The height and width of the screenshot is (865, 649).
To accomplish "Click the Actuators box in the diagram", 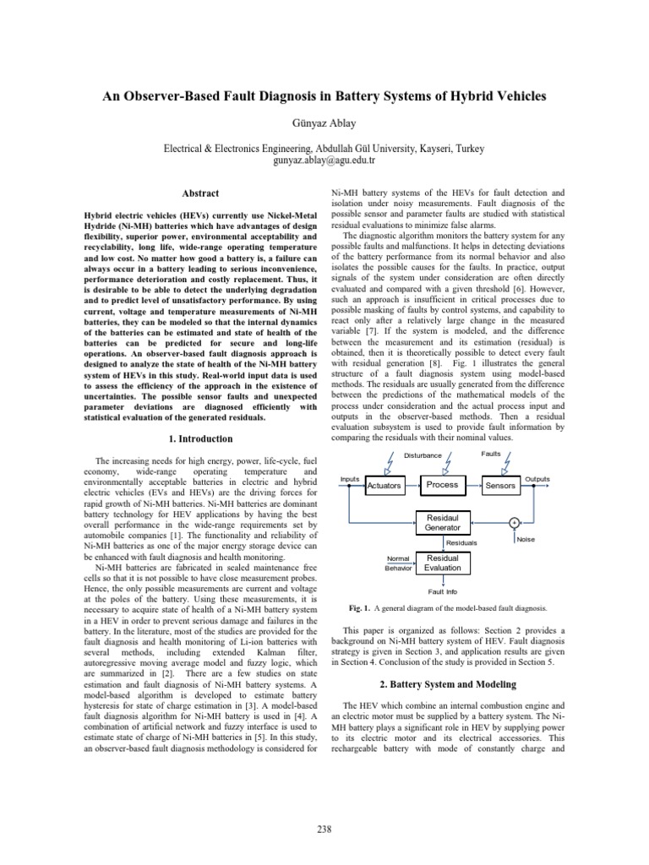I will [x=384, y=486].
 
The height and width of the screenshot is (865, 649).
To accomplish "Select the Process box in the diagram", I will [x=442, y=485].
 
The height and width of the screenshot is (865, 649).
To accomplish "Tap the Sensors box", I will [x=500, y=486].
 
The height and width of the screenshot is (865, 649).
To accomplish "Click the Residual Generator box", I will [x=442, y=522].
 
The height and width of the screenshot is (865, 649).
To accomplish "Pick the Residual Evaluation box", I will [x=442, y=563].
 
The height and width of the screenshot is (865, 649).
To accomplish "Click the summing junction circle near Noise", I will [x=513, y=522].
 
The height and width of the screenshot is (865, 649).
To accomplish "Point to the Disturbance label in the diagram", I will [x=422, y=455].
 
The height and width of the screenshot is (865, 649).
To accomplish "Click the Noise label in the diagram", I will [x=525, y=539].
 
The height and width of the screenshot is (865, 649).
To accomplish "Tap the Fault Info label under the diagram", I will [x=442, y=591].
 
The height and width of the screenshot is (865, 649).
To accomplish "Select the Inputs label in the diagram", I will [x=350, y=479].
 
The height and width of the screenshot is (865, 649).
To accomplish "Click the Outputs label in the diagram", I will [x=537, y=479].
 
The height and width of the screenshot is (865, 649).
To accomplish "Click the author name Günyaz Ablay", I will [x=324, y=122].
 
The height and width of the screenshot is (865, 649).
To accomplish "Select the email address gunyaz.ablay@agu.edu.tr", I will [x=324, y=160].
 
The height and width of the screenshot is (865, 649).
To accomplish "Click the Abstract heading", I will [x=200, y=193].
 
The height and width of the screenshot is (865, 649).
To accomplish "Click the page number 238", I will [x=324, y=830].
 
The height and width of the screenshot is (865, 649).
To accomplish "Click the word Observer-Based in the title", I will [x=187, y=97].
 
